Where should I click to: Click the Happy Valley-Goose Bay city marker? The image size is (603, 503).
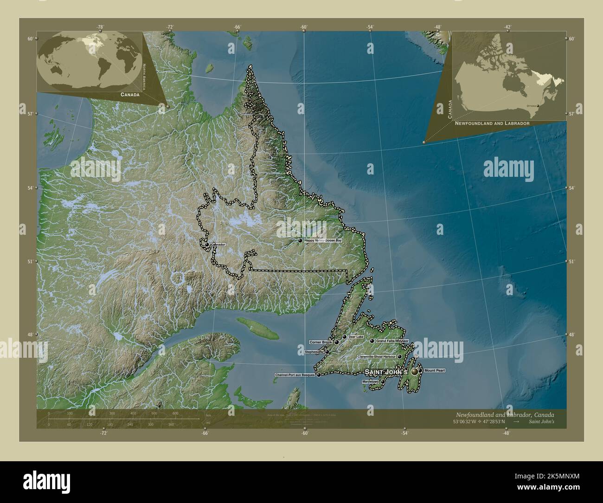300,240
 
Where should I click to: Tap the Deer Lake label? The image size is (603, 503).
356,336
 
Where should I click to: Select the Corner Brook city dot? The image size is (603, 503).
336,342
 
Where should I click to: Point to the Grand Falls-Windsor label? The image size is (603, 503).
392,341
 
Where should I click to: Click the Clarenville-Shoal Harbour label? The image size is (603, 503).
376,356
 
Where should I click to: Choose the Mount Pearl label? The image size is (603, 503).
435,370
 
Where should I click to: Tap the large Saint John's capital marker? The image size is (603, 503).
414,372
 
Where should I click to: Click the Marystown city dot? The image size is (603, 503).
382,381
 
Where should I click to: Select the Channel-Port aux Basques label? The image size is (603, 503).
295,374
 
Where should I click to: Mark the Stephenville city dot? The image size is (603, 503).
327,352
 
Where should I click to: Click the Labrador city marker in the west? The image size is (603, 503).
207,244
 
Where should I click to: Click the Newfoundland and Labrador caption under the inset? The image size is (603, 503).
492,124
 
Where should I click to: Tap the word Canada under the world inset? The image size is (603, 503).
129,94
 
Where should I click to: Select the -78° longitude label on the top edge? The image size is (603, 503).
100,27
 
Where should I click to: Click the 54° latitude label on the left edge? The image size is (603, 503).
30,188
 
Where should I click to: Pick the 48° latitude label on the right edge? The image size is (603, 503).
572,334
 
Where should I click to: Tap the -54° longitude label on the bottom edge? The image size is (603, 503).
404,433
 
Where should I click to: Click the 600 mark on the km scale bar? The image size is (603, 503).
175,413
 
